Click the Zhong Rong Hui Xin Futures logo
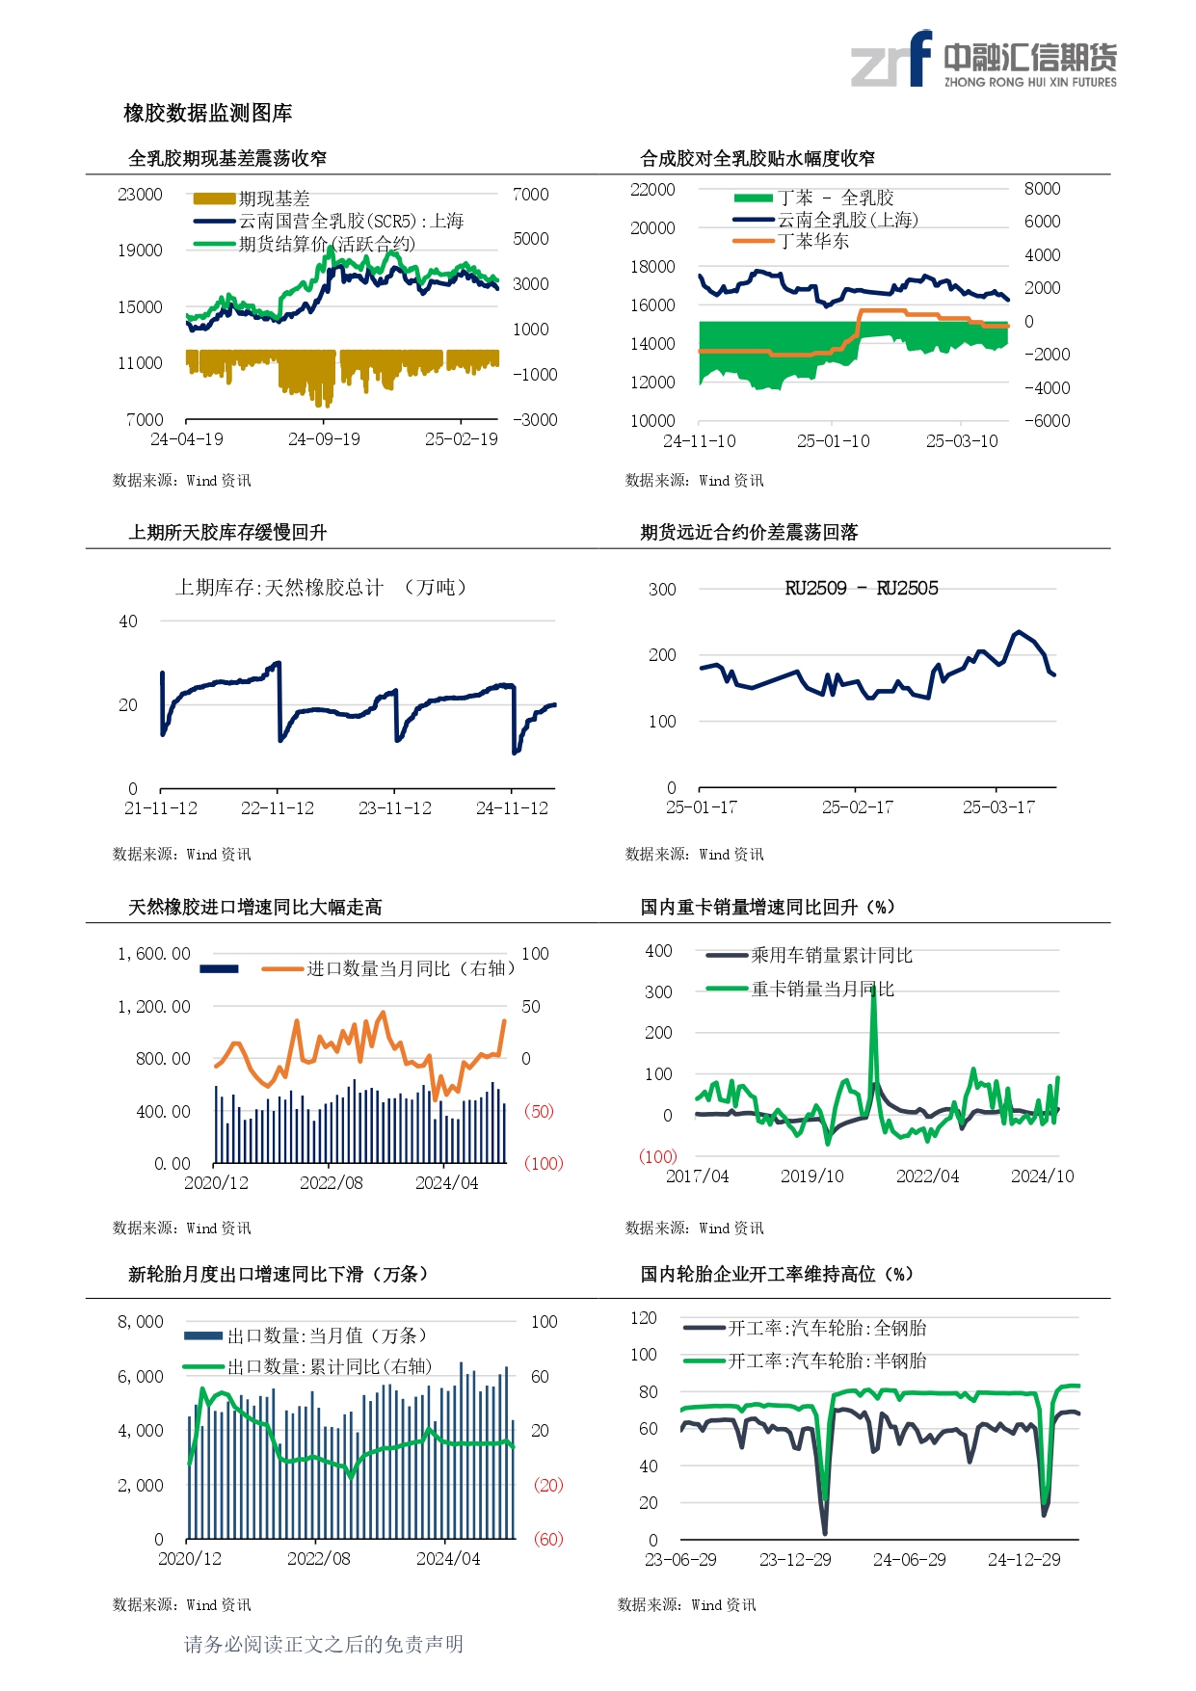point(983,60)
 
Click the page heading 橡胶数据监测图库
point(208,114)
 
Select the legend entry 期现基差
point(274,198)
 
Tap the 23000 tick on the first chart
point(140,195)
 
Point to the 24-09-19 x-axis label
point(324,439)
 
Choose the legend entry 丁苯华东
point(813,241)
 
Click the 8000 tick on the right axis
point(1042,189)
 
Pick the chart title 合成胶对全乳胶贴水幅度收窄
point(757,159)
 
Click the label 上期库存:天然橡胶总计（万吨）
point(321,588)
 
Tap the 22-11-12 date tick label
point(278,808)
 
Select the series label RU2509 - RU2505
point(861,589)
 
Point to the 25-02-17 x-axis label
point(857,807)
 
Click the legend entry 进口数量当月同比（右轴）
point(410,968)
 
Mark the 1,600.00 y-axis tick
point(154,954)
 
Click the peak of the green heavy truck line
point(873,989)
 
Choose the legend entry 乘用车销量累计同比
point(831,956)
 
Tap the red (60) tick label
point(548,1539)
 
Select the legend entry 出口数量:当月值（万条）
point(326,1335)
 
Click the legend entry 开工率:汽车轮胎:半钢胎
point(826,1361)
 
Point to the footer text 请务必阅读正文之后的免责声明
point(324,1644)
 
